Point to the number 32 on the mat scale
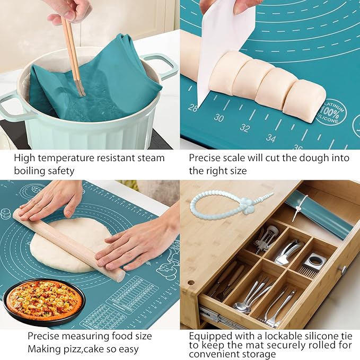[x=244, y=128]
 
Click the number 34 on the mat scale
[x=270, y=138]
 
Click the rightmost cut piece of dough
[x=304, y=100]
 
